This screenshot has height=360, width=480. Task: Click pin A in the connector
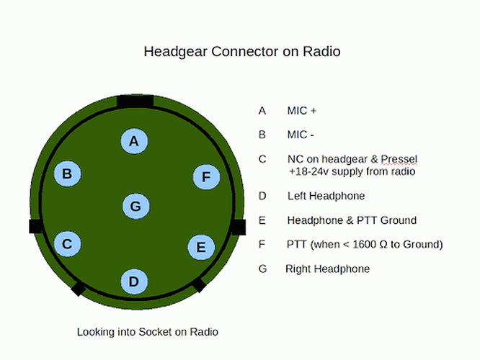coord(134,141)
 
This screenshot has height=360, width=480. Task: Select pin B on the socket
coord(67,174)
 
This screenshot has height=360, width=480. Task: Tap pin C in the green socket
coord(67,244)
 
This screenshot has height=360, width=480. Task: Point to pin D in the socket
coord(134,282)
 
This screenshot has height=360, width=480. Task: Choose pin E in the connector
coord(201,247)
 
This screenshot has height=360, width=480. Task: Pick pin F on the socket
coord(206,177)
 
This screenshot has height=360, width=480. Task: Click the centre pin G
coord(136,206)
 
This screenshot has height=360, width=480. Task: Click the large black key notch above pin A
coord(135,102)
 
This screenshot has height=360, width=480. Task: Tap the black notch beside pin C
coord(36,226)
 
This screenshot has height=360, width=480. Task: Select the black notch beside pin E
coord(238,227)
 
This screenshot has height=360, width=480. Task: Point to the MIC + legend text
coord(301,110)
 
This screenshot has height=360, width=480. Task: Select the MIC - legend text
coord(301,135)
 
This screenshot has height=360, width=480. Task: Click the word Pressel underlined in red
coord(399,159)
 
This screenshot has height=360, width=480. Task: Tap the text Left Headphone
coord(326,196)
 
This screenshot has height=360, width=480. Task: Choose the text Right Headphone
coord(327,269)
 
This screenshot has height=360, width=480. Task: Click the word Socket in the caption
coord(155,332)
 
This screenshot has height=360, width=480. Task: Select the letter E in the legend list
coord(262,220)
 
